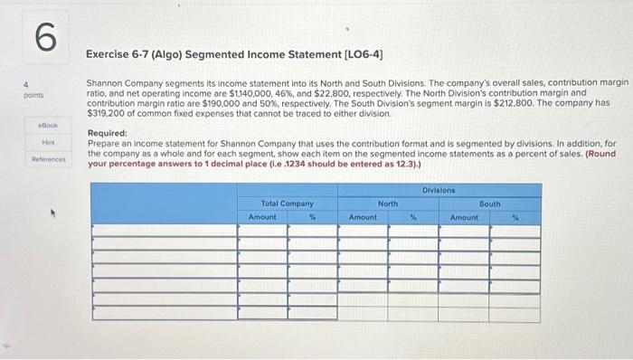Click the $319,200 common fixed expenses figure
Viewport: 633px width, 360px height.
pos(107,115)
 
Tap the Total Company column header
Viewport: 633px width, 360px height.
pos(287,204)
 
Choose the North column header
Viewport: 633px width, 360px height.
pos(388,204)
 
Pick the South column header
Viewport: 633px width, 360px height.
pos(489,204)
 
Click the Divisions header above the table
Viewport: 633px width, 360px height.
pos(439,191)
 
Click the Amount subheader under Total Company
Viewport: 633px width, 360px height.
pos(262,217)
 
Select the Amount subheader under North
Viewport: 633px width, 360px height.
pos(363,217)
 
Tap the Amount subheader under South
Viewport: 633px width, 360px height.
pos(464,217)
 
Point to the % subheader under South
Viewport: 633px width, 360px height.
pos(515,217)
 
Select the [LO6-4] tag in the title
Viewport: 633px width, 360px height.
pos(358,55)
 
